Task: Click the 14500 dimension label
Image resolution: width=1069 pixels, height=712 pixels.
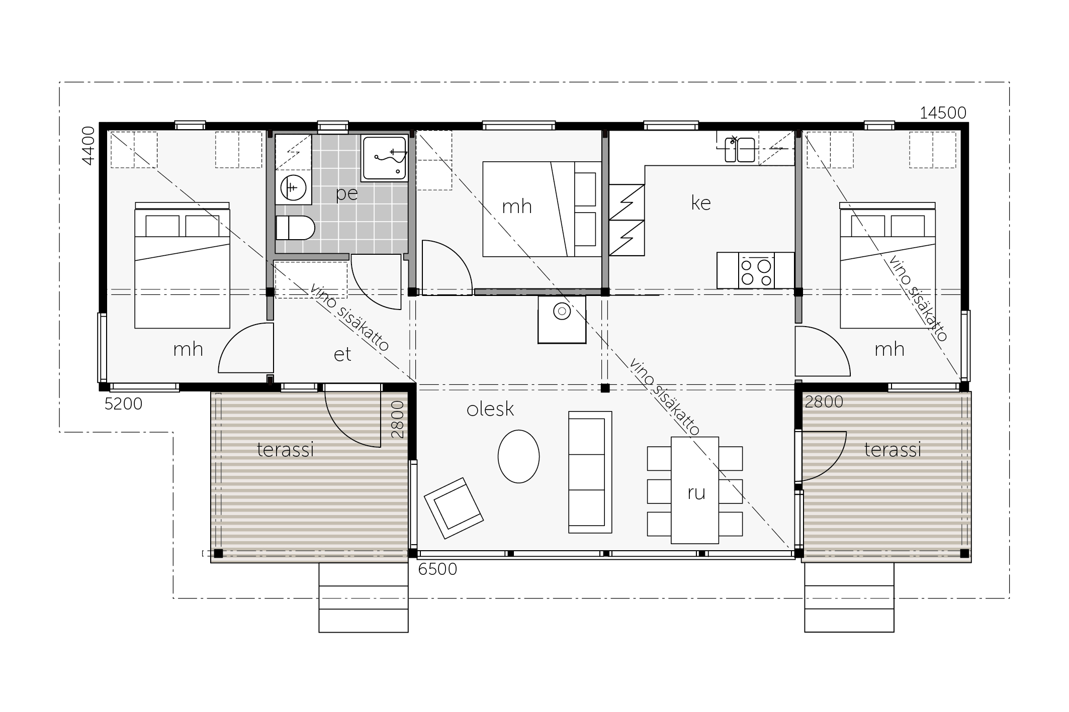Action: point(943,113)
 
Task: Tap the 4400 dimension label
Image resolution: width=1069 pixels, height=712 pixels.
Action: point(88,145)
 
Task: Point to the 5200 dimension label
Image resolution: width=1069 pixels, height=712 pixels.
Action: point(124,403)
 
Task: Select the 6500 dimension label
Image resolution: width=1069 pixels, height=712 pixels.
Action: point(437,569)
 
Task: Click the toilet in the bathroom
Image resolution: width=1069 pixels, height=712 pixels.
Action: point(295,228)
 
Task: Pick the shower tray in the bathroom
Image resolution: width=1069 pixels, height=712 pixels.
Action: point(384,158)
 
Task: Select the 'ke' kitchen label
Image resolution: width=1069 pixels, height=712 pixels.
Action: point(701,202)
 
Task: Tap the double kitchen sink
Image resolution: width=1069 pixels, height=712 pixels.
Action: point(740,150)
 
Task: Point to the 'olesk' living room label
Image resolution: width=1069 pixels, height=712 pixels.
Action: point(490,410)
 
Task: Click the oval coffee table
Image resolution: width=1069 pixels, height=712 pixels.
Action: point(518,456)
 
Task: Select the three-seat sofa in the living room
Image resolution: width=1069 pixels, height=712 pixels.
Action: point(590,472)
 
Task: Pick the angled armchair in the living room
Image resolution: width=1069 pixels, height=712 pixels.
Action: point(454,507)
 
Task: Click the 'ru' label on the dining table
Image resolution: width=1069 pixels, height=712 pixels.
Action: point(696,493)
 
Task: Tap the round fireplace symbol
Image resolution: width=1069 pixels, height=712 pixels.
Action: point(562,312)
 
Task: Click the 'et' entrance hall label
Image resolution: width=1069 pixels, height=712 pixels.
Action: point(342,354)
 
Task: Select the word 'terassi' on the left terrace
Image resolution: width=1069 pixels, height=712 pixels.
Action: point(285,450)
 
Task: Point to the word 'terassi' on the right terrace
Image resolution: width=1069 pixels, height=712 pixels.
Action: point(893,450)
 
